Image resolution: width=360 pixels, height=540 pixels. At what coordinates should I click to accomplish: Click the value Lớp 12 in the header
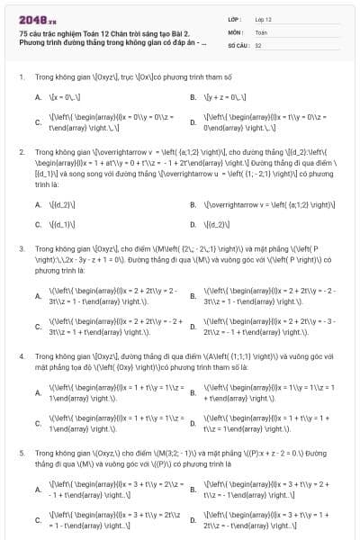point(262,18)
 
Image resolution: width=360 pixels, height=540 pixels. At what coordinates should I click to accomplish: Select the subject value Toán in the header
point(261,31)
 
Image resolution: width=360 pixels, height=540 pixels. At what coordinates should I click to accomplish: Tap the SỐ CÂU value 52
point(258,43)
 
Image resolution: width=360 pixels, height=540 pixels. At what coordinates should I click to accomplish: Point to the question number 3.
point(21,247)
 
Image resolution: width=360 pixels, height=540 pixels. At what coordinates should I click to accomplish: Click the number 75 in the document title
point(22,31)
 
